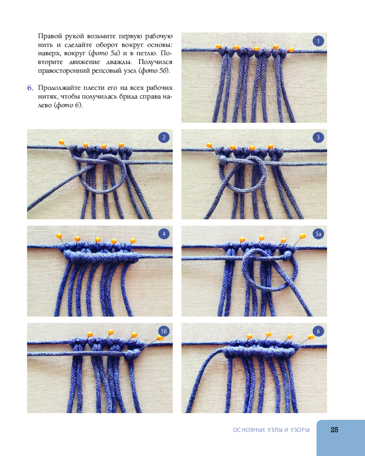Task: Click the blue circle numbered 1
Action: pos(318,41)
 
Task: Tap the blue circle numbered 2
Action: pos(164,138)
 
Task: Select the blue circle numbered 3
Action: pos(318,138)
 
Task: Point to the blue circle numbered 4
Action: pos(164,234)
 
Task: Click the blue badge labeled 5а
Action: pos(318,234)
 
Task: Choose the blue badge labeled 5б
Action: pos(164,331)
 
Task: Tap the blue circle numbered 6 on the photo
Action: pos(318,331)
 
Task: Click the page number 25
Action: pos(334,430)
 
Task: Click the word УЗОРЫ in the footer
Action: pos(300,430)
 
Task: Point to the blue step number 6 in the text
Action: pos(30,88)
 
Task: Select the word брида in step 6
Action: pos(127,97)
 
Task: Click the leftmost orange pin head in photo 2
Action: pos(62,142)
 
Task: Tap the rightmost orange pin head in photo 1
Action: pos(291,50)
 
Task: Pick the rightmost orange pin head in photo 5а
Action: pos(302,236)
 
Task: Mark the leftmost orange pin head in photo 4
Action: pos(59,235)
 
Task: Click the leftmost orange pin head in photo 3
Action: pos(209,145)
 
